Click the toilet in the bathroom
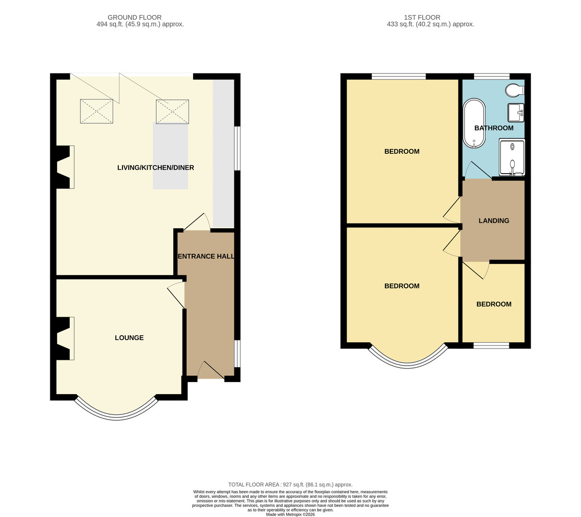[x=515, y=90]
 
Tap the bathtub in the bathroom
[x=474, y=123]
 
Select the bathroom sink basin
[x=516, y=113]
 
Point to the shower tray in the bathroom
[x=512, y=157]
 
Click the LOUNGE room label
[x=129, y=338]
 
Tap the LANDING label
[x=494, y=221]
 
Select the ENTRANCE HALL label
[x=206, y=256]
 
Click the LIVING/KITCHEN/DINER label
[x=155, y=167]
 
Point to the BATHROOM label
[x=494, y=128]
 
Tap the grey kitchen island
[x=170, y=156]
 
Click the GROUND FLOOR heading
[x=135, y=17]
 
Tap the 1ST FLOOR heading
[x=422, y=17]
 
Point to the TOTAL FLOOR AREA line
[x=290, y=485]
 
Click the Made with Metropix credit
[x=290, y=515]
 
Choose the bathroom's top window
[x=491, y=76]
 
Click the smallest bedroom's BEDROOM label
[x=494, y=304]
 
